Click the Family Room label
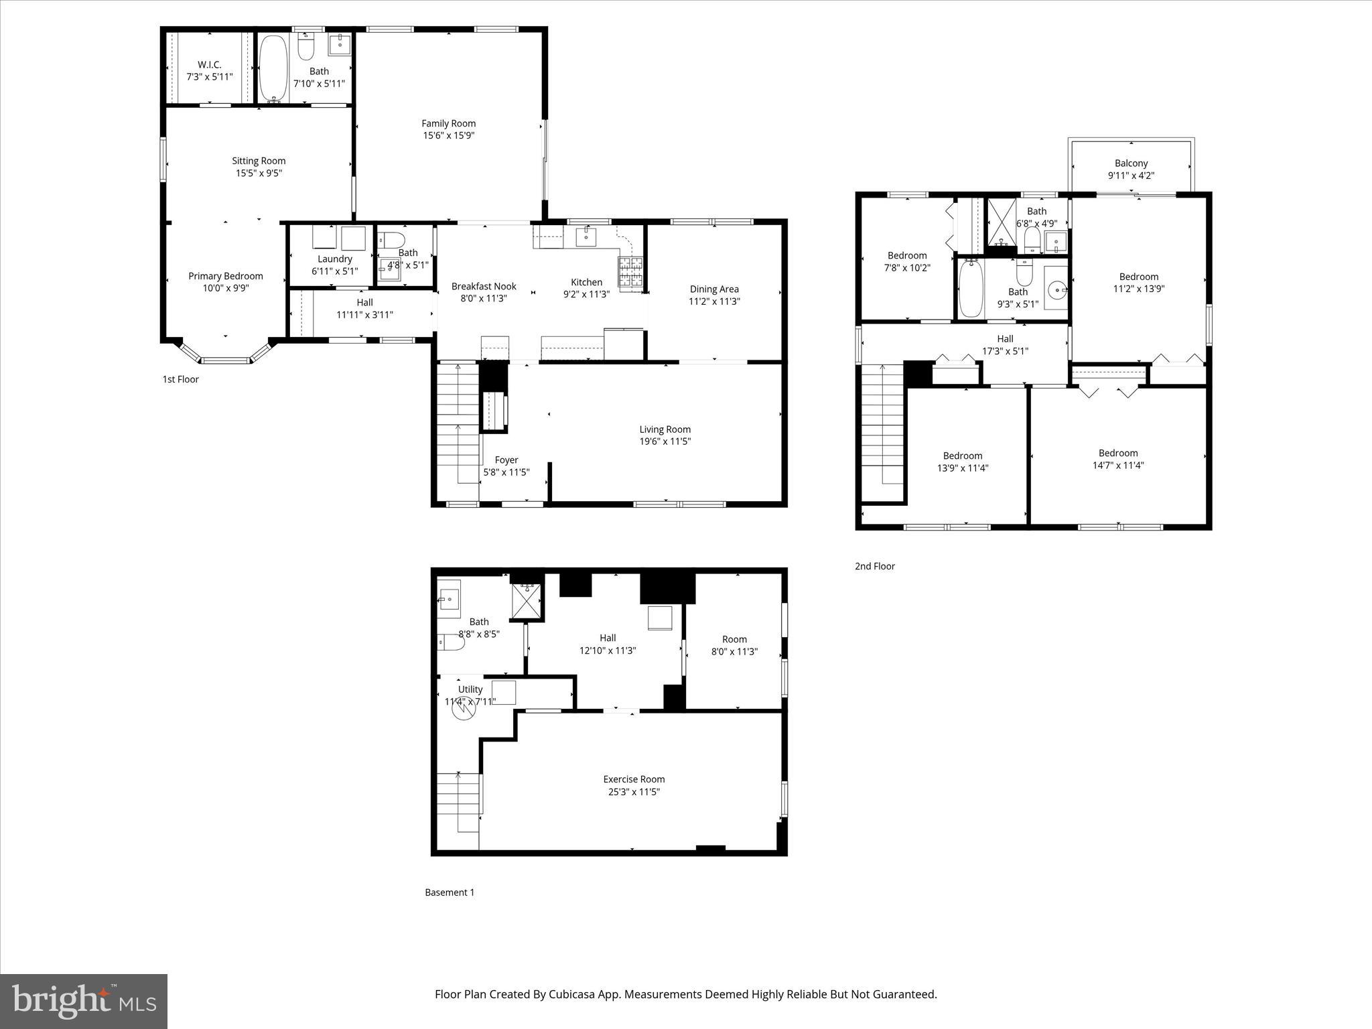click(448, 123)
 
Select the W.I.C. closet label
click(209, 64)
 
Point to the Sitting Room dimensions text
click(259, 173)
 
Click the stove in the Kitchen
click(630, 275)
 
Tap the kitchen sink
click(586, 236)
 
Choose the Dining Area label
click(714, 289)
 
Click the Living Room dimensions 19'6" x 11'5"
click(665, 441)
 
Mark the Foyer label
click(506, 460)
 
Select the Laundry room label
click(335, 259)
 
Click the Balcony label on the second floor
click(1131, 163)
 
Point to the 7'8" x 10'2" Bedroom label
click(907, 255)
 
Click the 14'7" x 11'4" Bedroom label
click(1118, 453)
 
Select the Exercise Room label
click(634, 779)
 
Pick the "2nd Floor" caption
click(874, 566)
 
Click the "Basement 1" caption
click(450, 892)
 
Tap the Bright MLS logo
click(84, 1000)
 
